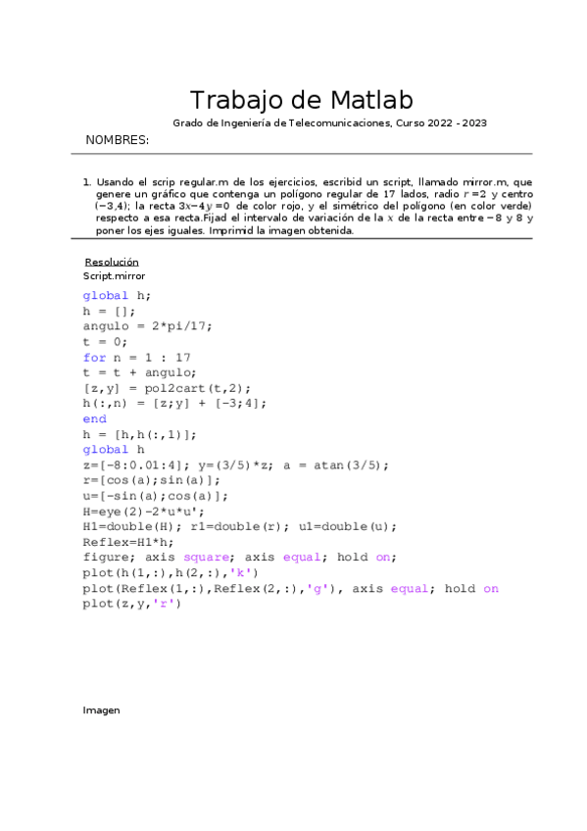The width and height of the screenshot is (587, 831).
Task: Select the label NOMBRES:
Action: coord(118,140)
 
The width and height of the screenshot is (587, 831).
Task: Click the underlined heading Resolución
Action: coord(112,262)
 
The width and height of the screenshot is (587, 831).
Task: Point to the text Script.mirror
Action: coord(114,276)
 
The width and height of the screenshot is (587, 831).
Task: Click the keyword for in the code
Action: coord(94,357)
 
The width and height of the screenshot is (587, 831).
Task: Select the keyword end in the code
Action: coord(94,417)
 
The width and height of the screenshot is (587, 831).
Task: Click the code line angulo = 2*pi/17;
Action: coord(147,326)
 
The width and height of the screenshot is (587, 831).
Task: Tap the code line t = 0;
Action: coord(106,342)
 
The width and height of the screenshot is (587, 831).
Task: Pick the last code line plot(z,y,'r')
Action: coord(132,604)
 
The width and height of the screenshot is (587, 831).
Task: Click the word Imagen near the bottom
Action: coord(101,710)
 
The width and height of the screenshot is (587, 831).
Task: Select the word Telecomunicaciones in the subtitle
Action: coord(338,123)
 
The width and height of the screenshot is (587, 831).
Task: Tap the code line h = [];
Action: coord(110,311)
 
